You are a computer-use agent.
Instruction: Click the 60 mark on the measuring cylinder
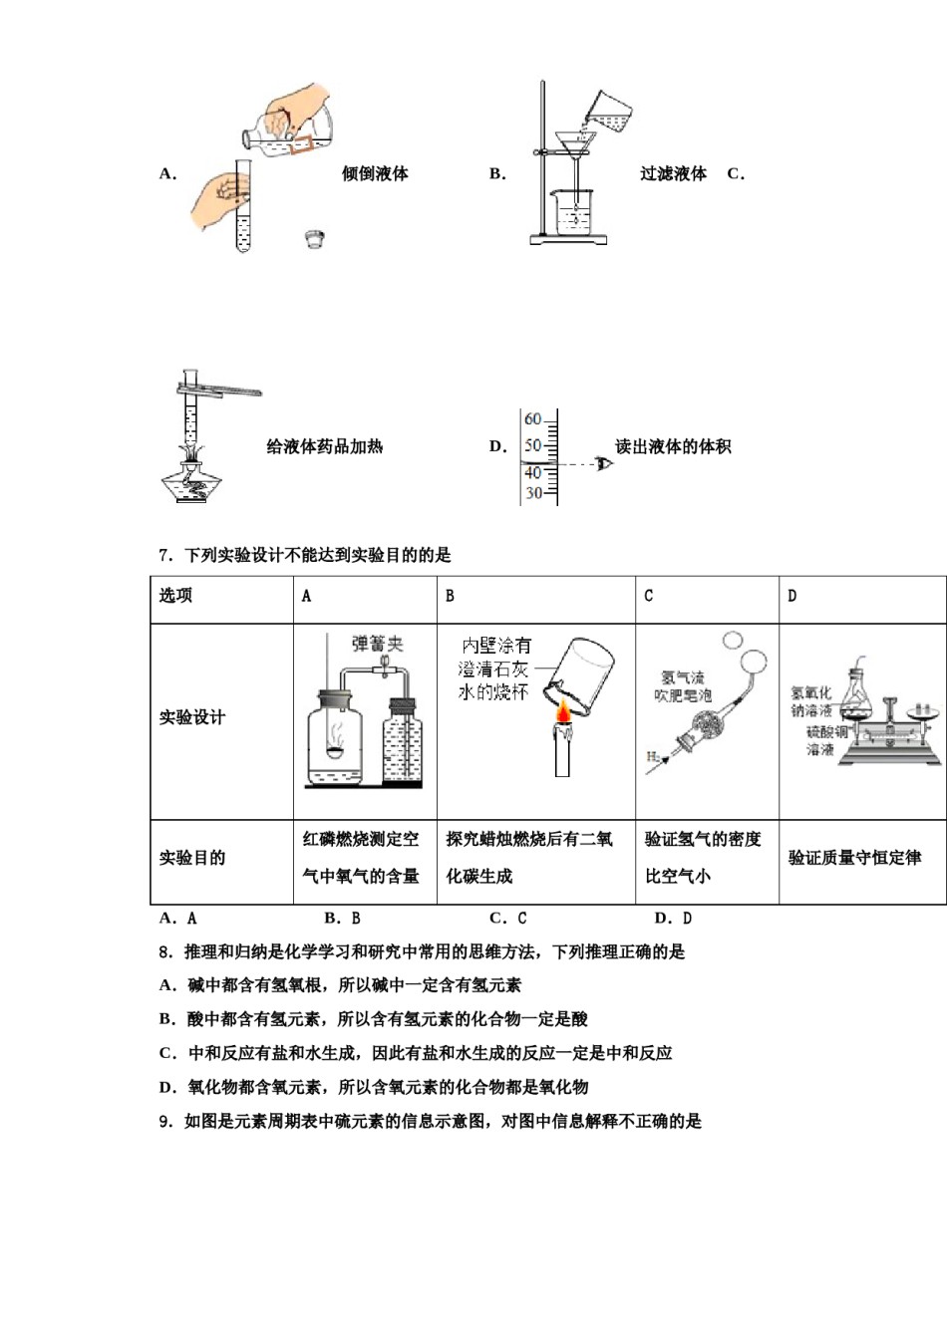pos(533,419)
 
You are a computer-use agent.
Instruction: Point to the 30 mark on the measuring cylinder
pos(533,493)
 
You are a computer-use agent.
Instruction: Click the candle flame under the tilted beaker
pos(564,713)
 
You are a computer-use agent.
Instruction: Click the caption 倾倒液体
pos(375,173)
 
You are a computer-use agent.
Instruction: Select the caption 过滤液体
pos(673,173)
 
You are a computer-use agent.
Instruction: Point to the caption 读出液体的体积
pos(673,446)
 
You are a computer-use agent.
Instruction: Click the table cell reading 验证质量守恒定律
pos(854,858)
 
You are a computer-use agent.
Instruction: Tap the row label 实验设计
pos(192,717)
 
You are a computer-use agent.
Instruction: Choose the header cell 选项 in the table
pos(175,596)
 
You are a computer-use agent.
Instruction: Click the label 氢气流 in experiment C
pos(682,677)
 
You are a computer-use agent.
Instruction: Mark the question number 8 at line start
pos(164,952)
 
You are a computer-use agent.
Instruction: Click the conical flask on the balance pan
pos(859,690)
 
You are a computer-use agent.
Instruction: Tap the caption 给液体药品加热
pos(324,446)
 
